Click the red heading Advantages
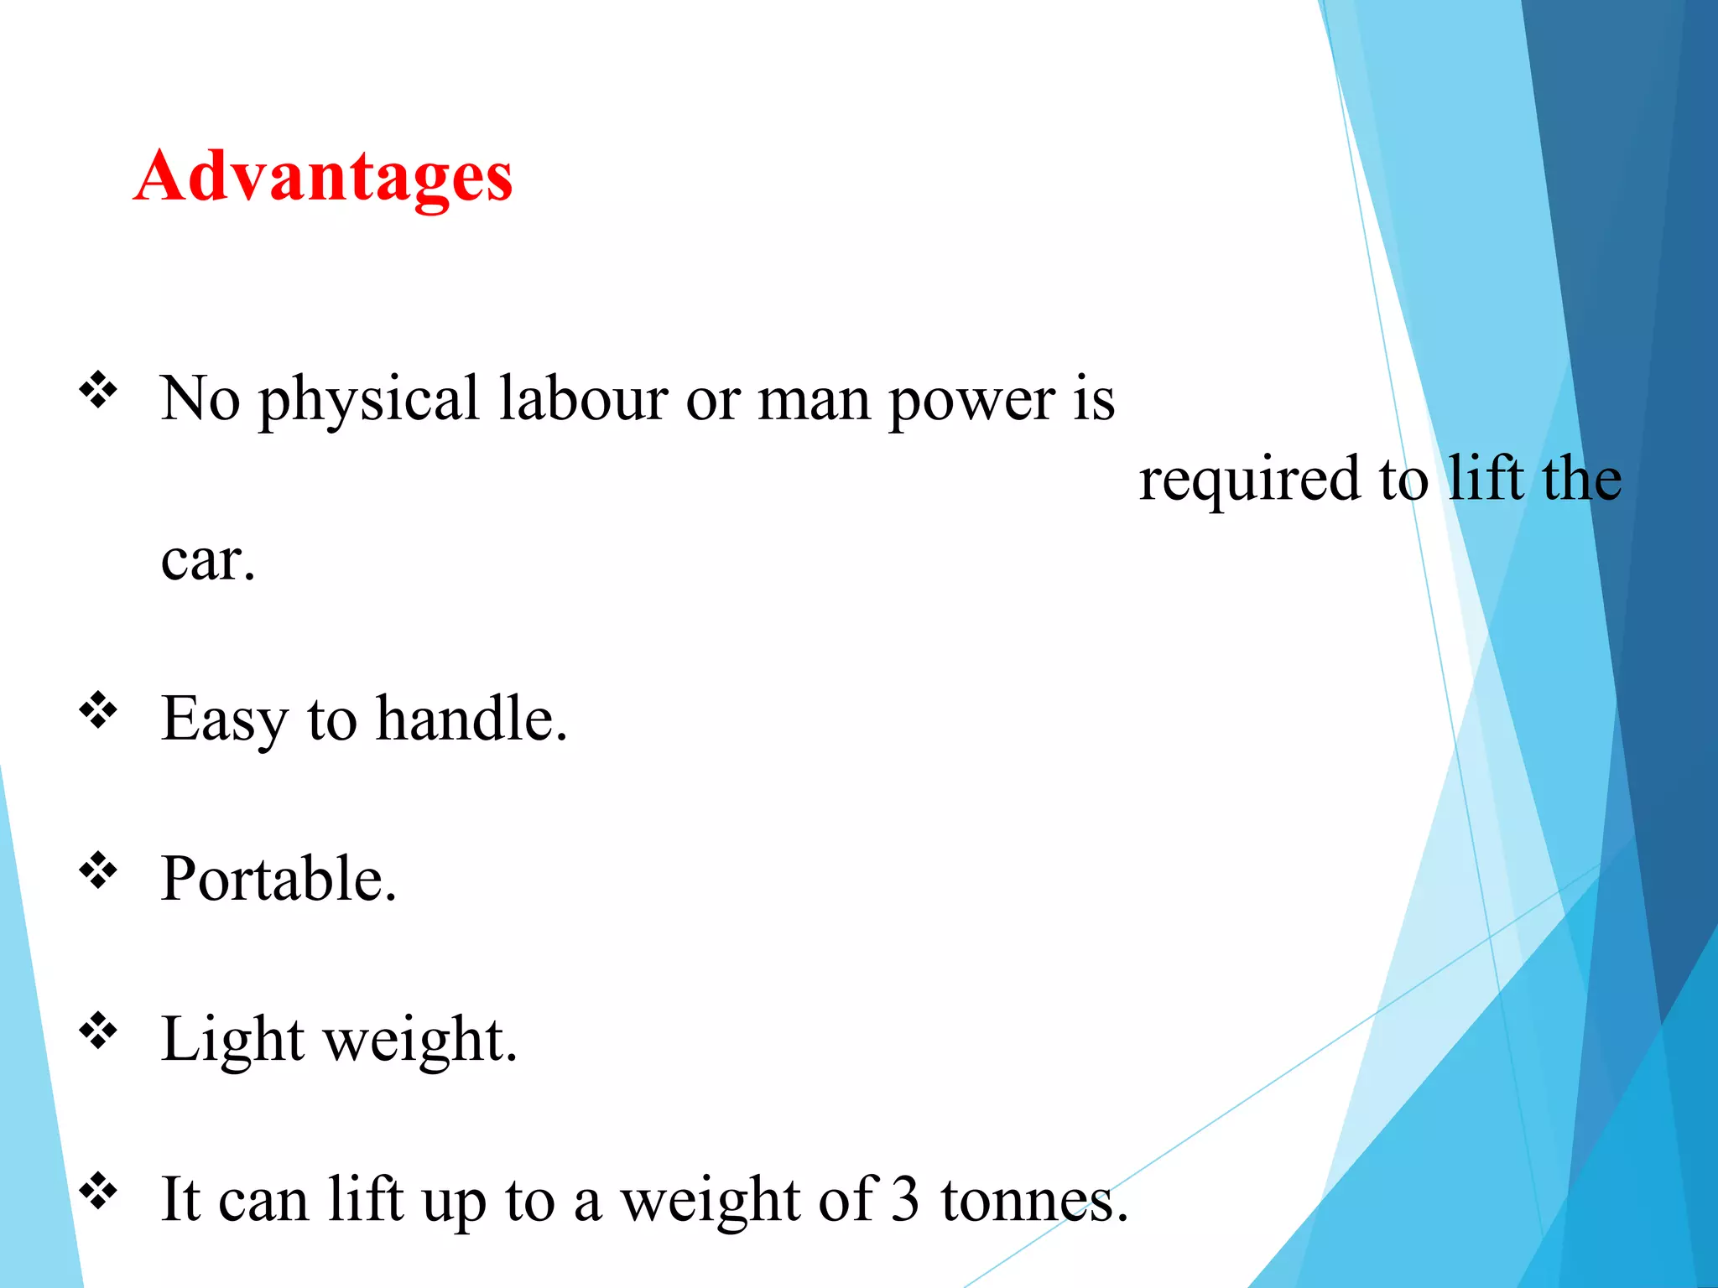(323, 177)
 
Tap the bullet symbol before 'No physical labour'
(98, 390)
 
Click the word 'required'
(1249, 480)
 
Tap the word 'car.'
(207, 559)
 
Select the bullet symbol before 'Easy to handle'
(98, 710)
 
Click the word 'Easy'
(223, 720)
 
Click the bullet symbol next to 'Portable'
(98, 870)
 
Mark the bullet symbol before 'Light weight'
(98, 1031)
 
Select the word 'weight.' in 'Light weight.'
(420, 1041)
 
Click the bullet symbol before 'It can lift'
(98, 1191)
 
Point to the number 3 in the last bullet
(906, 1200)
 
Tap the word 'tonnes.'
(1033, 1200)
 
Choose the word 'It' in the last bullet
(180, 1200)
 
